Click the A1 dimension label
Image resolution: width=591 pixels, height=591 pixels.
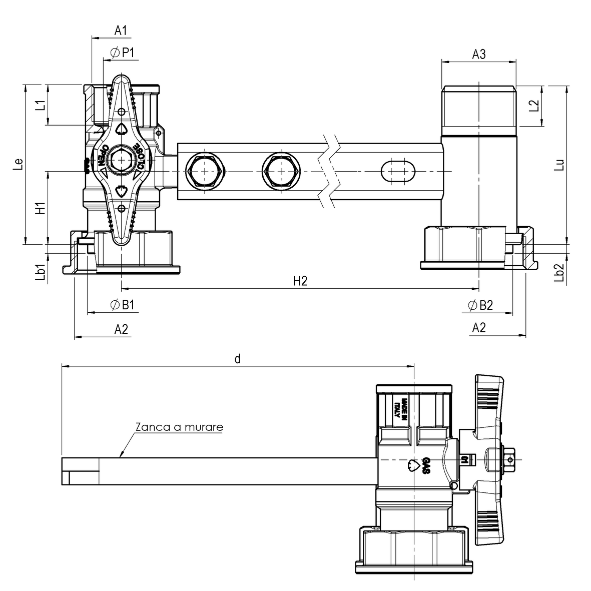(121, 31)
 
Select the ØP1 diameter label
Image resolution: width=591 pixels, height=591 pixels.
(122, 52)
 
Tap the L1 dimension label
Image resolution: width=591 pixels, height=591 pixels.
(42, 105)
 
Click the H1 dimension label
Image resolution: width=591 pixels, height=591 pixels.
(42, 208)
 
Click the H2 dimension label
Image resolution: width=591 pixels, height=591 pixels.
(300, 281)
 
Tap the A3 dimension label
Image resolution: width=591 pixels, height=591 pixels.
(479, 54)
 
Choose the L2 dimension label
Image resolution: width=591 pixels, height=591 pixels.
(534, 106)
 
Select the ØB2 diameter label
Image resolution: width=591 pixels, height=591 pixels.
(480, 305)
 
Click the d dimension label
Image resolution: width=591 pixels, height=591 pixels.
(238, 358)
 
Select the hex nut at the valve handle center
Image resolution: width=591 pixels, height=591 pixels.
(121, 161)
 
